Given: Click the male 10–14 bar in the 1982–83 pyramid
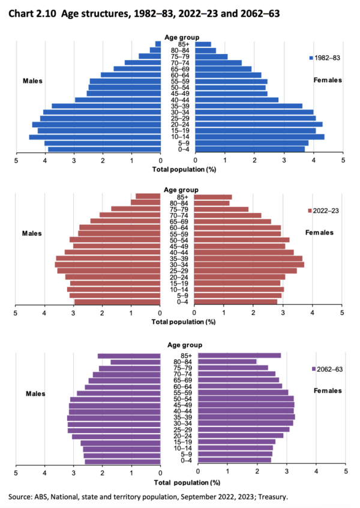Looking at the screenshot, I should click(x=95, y=137).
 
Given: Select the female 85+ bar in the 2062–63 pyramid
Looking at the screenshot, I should click(x=239, y=355).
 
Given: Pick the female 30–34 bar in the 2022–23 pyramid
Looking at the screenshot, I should click(x=249, y=264).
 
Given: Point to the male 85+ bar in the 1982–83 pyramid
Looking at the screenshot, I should click(x=158, y=44).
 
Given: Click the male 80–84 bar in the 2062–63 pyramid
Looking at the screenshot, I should click(x=135, y=362).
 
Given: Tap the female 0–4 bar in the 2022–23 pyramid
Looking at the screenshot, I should click(x=236, y=302).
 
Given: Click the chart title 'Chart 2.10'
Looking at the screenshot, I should click(x=32, y=11).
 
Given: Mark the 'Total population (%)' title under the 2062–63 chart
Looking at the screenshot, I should click(x=185, y=482).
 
